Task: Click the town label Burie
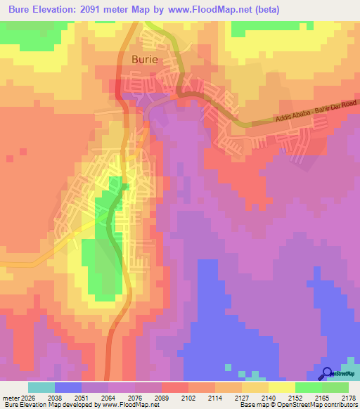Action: tap(146, 60)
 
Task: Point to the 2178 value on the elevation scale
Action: tap(349, 397)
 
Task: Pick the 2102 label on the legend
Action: tap(188, 397)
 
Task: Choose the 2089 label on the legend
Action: tap(162, 397)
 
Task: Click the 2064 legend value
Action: tap(108, 397)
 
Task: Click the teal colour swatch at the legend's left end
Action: tap(41, 387)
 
